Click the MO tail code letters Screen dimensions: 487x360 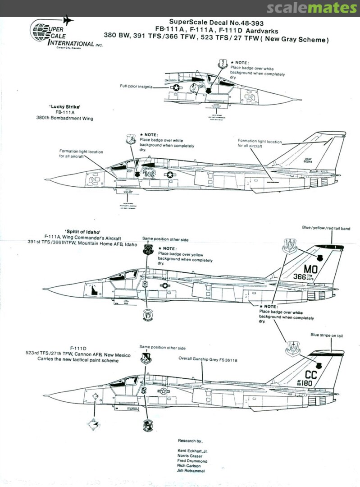(x=311, y=269)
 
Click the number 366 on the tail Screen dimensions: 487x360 (x=300, y=277)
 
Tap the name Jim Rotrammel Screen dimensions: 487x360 (x=192, y=471)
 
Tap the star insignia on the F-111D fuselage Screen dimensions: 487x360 (x=163, y=391)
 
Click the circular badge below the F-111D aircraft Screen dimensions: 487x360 (x=147, y=425)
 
